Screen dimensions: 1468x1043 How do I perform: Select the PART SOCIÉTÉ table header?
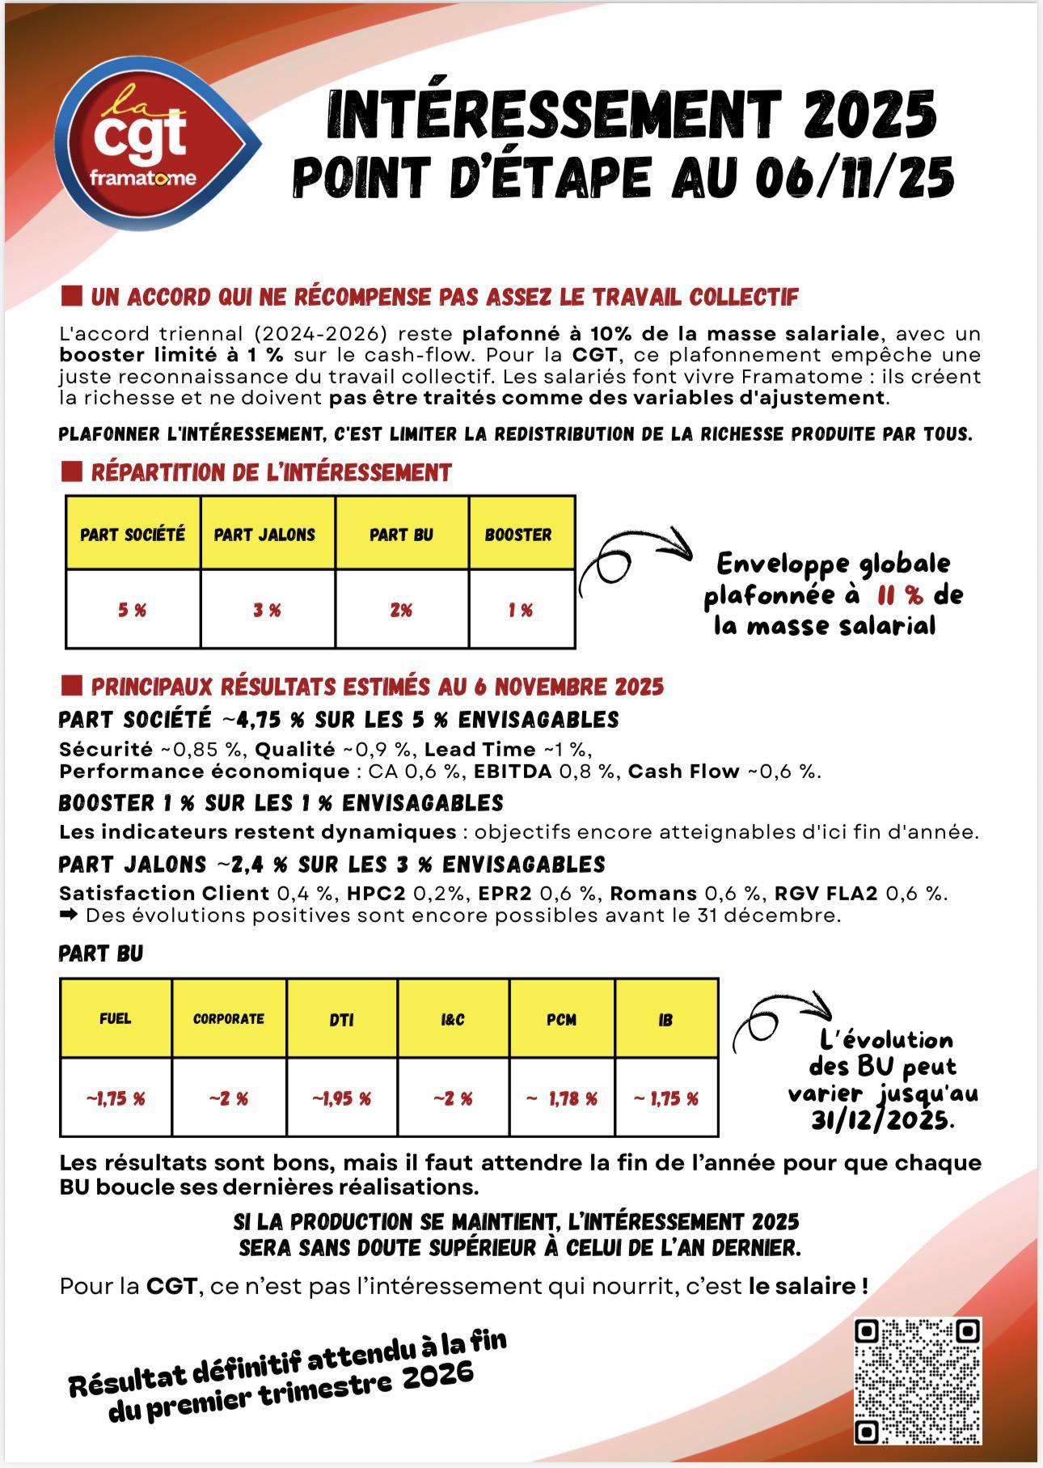click(133, 535)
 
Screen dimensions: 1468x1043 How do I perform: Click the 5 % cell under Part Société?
click(133, 610)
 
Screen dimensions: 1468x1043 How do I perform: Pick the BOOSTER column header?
click(518, 535)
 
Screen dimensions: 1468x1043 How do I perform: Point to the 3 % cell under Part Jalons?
click(267, 610)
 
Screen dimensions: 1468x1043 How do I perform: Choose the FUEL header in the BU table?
click(116, 1018)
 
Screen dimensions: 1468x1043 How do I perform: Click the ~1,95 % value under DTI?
click(342, 1098)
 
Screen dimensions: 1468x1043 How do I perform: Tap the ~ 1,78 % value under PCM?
click(562, 1098)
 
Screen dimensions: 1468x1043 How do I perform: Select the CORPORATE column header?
click(229, 1018)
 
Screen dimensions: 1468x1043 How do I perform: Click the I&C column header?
click(453, 1018)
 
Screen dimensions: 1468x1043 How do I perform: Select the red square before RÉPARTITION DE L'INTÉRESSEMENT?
click(72, 472)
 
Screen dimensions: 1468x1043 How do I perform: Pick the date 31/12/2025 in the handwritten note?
click(882, 1120)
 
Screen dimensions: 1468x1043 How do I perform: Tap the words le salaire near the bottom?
click(802, 1285)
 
